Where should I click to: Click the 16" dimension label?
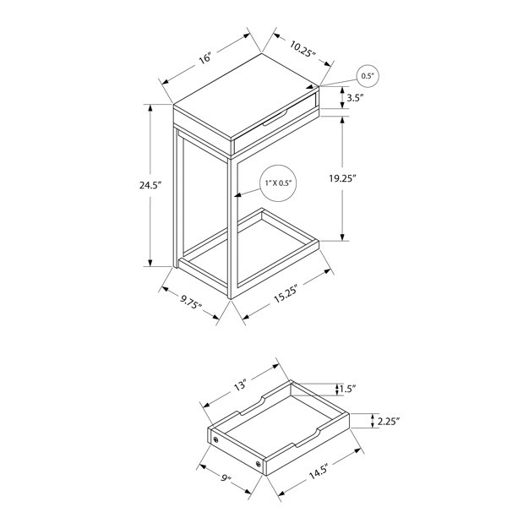(205, 57)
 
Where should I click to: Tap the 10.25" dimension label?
(302, 49)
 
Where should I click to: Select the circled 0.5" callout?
(368, 76)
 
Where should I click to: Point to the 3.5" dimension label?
(356, 98)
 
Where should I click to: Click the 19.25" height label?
(342, 178)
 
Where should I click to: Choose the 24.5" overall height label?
(150, 185)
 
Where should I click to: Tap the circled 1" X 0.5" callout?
(278, 183)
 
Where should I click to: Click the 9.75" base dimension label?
(191, 303)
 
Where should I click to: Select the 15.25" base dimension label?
(286, 293)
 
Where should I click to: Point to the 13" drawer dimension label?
(240, 384)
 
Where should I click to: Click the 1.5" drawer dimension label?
(347, 389)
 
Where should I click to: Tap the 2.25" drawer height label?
(389, 422)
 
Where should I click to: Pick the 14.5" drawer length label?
(319, 472)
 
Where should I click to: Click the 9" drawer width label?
(226, 478)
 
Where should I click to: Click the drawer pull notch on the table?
(275, 117)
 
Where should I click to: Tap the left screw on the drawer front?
(215, 439)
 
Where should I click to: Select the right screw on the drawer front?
(259, 465)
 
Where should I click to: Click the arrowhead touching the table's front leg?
(237, 195)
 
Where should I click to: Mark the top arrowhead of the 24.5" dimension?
(150, 108)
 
